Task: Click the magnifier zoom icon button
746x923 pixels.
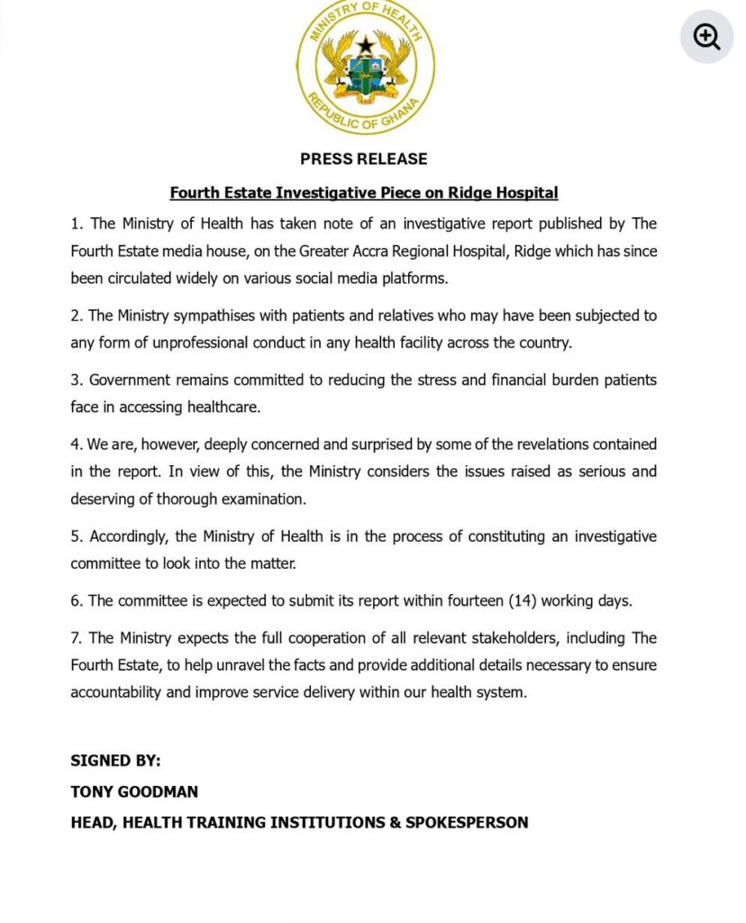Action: click(706, 37)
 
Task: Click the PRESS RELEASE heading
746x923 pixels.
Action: click(364, 159)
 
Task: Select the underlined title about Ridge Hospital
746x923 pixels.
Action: click(364, 193)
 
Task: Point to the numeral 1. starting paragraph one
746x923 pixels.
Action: click(77, 224)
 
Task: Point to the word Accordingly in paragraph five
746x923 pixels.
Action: click(130, 536)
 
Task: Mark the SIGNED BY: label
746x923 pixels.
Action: click(115, 761)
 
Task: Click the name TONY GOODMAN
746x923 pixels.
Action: click(134, 791)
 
